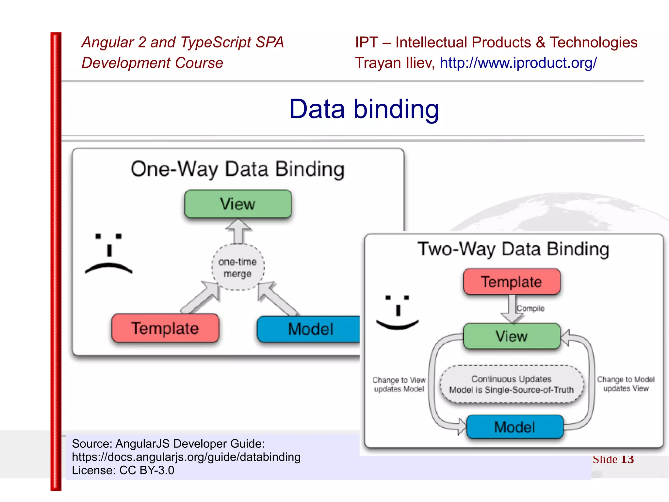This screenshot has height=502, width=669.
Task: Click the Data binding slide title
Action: point(364,109)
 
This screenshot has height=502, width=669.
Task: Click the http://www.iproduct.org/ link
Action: point(518,62)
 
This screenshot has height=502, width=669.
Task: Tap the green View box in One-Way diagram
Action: point(238,204)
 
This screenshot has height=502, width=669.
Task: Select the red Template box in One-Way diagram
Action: point(165,328)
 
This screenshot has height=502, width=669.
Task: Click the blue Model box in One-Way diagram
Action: point(309,329)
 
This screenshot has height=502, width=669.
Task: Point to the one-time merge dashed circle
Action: point(238,268)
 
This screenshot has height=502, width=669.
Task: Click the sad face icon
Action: point(108,254)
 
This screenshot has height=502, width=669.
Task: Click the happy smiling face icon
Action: point(397,312)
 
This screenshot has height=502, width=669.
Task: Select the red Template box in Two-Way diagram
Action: point(512,282)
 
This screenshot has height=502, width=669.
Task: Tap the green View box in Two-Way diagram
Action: point(512,336)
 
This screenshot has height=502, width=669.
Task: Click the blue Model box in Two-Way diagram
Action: point(515,427)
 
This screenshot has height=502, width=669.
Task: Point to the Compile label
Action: point(531,308)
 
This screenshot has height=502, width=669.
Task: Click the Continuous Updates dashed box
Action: point(512,384)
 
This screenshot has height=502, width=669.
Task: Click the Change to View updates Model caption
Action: point(399,384)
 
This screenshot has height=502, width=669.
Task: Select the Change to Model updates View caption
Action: point(626,384)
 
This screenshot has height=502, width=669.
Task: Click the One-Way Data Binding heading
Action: point(237,169)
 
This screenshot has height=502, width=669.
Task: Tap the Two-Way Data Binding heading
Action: point(513,249)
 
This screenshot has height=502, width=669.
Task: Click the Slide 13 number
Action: point(613,459)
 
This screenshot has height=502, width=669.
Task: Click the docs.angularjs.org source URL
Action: point(186,457)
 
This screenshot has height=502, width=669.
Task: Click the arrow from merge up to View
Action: point(238,232)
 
